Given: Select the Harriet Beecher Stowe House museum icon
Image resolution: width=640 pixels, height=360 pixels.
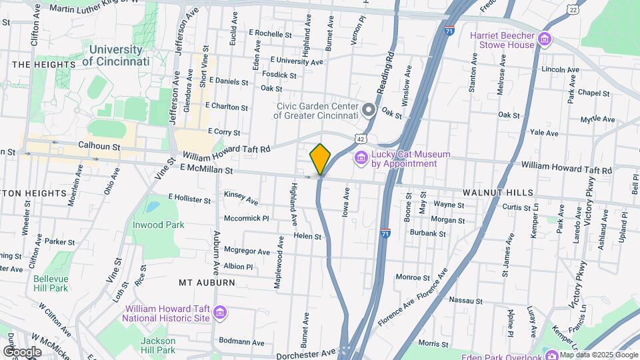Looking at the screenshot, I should (545, 39).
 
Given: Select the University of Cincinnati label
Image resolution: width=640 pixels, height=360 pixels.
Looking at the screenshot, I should (116, 55).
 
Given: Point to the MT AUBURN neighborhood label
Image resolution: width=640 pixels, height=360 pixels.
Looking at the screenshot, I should (207, 283).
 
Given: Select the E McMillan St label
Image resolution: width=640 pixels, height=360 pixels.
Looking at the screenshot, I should (206, 171).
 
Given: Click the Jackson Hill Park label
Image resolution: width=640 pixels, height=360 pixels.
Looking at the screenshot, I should (157, 345).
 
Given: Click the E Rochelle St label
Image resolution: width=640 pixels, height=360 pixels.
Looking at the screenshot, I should (270, 33).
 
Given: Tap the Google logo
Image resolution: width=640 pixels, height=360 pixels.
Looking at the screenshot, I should (22, 351).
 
